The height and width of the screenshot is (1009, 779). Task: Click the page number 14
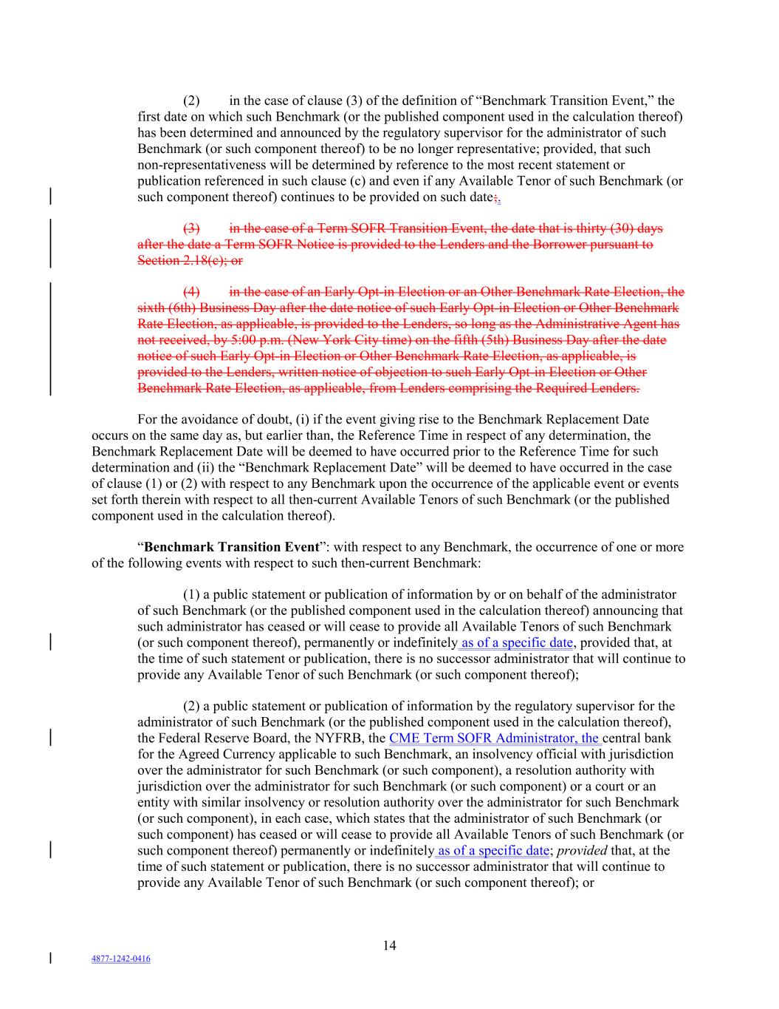pos(389,945)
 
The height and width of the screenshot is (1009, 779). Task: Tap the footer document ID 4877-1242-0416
pos(121,959)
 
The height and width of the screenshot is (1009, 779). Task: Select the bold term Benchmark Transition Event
pos(232,547)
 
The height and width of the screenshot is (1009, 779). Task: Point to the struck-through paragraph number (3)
pos(191,228)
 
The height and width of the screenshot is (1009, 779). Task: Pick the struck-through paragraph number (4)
pos(191,291)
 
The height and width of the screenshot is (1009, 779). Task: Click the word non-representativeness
pos(198,165)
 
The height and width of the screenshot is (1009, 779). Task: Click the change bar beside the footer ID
pos(50,959)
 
